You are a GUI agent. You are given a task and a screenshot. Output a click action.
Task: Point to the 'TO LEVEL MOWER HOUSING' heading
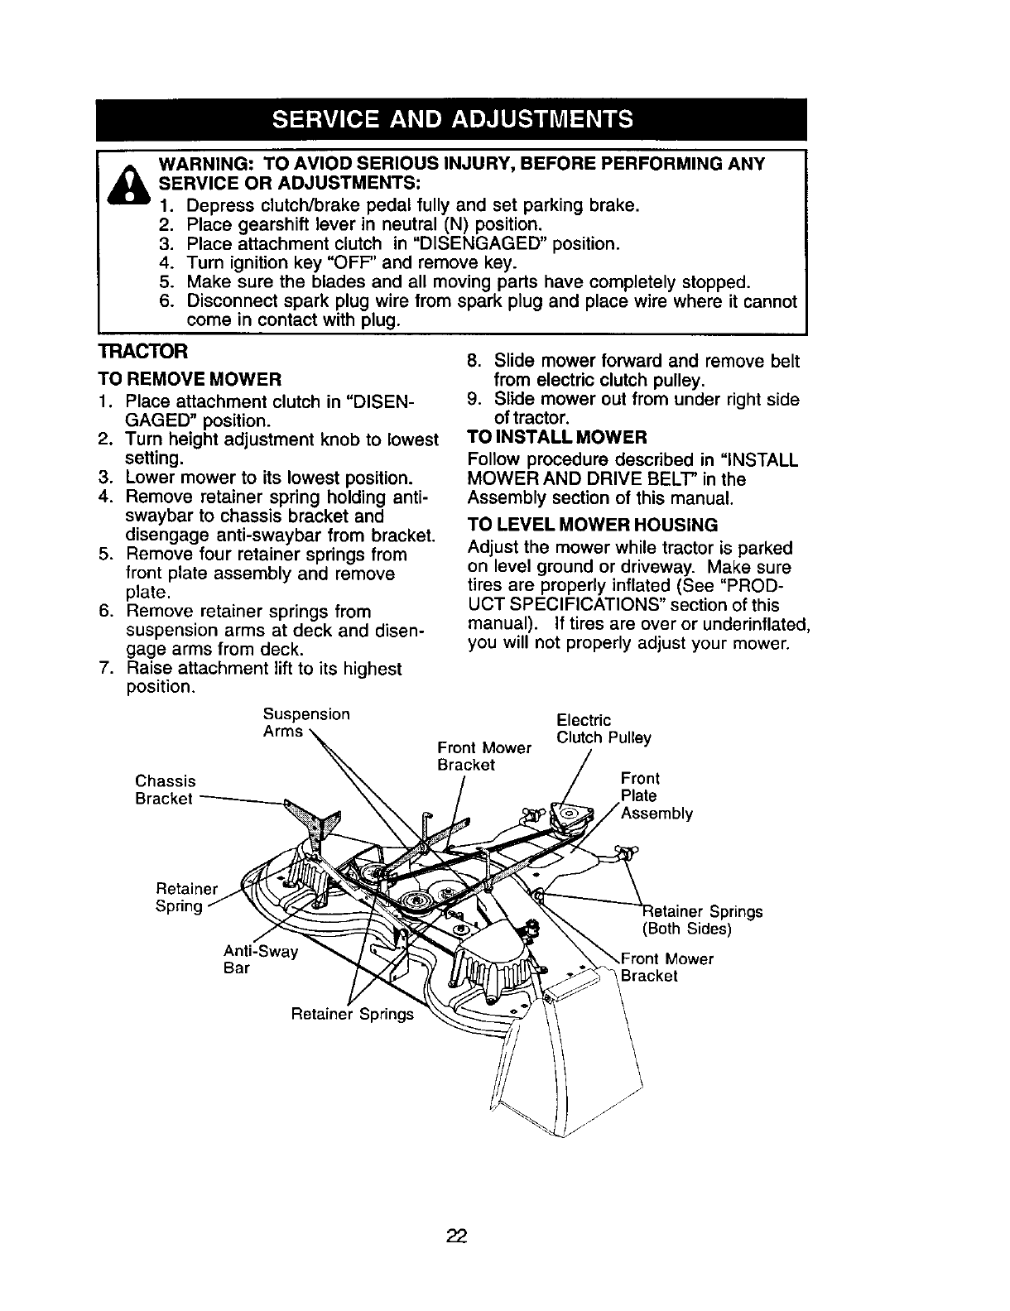click(x=592, y=525)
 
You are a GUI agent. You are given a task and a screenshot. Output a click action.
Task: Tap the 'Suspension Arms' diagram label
click(x=305, y=723)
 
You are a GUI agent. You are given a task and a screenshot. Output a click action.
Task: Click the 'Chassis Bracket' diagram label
click(x=166, y=790)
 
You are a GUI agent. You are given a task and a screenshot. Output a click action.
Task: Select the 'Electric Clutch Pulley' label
click(x=604, y=728)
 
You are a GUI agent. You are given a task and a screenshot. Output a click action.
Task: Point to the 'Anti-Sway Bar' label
click(x=259, y=959)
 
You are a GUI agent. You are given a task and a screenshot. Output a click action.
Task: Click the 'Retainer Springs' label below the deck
click(x=352, y=1014)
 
